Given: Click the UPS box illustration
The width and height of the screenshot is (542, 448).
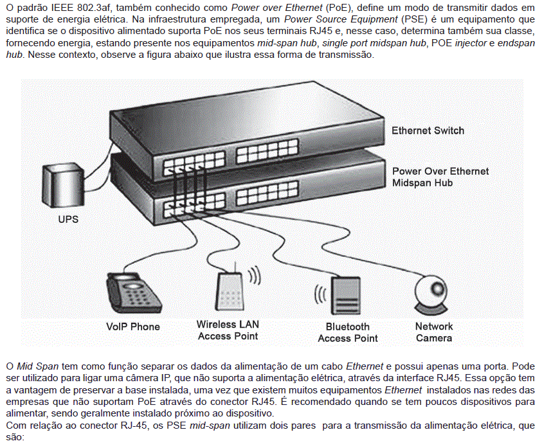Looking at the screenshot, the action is (63, 185).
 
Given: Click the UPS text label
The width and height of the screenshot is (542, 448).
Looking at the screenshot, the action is (68, 219).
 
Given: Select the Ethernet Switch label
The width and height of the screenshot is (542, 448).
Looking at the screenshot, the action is (428, 130).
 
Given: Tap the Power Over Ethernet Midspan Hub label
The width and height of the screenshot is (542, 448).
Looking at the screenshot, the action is (440, 177).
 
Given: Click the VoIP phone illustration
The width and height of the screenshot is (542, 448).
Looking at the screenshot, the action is (133, 293).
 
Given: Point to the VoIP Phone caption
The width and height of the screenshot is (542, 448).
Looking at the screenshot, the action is (133, 327).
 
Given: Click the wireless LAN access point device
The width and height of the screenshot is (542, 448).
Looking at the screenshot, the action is (230, 291).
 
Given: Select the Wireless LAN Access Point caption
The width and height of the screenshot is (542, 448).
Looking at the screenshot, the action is (228, 330).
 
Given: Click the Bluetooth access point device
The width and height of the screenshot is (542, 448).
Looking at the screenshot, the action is (345, 296).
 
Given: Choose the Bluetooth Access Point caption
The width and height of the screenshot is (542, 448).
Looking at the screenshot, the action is (348, 332).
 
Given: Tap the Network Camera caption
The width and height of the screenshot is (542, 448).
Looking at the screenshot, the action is (434, 332).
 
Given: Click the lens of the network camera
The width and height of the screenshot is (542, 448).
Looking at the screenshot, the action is (437, 288).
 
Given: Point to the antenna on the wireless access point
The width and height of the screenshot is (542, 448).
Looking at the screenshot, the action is (235, 267).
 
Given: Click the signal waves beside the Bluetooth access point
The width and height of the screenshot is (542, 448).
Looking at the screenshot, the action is (320, 294).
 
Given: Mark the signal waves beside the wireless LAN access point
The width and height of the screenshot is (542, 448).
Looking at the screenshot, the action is (254, 276).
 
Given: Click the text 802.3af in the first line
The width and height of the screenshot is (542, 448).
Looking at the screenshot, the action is (95, 8).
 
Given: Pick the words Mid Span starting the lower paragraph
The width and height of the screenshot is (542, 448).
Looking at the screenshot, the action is (38, 366).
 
